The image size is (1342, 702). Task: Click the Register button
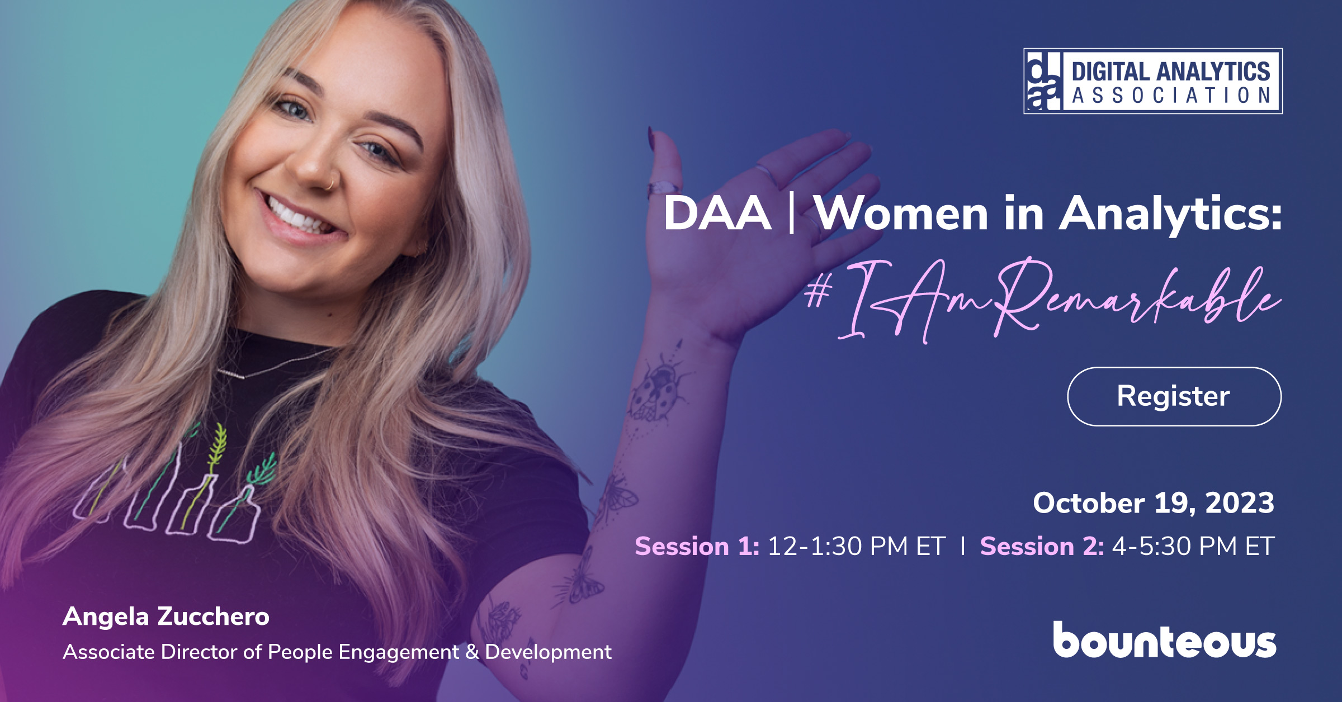(x=1174, y=396)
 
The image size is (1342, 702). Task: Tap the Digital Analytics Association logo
(x=1153, y=81)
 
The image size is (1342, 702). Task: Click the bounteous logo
(x=1165, y=639)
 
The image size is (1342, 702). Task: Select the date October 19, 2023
(x=1154, y=503)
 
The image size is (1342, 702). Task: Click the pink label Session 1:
(x=697, y=546)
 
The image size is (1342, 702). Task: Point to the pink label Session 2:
(x=1042, y=546)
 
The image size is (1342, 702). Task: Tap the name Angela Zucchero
(x=166, y=616)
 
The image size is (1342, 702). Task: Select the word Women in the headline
(x=901, y=214)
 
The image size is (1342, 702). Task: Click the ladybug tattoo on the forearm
(x=659, y=388)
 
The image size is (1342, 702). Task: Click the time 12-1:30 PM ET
(x=857, y=546)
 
